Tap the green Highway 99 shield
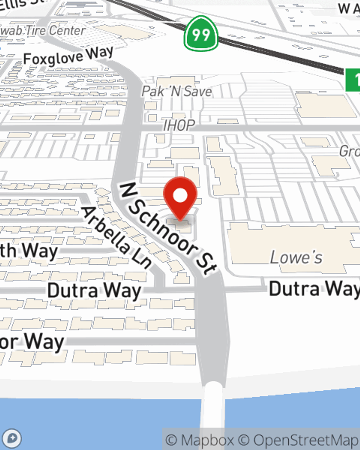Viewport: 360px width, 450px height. point(201,34)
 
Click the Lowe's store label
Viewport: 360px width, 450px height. point(296,257)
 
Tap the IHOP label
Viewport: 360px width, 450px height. point(179,125)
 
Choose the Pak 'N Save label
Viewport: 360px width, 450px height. point(176,91)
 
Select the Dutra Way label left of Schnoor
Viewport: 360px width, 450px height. point(94,291)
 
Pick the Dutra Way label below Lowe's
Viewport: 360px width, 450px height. point(314,289)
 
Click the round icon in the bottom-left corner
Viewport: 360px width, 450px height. point(12,439)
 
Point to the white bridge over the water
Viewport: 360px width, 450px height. point(213,414)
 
